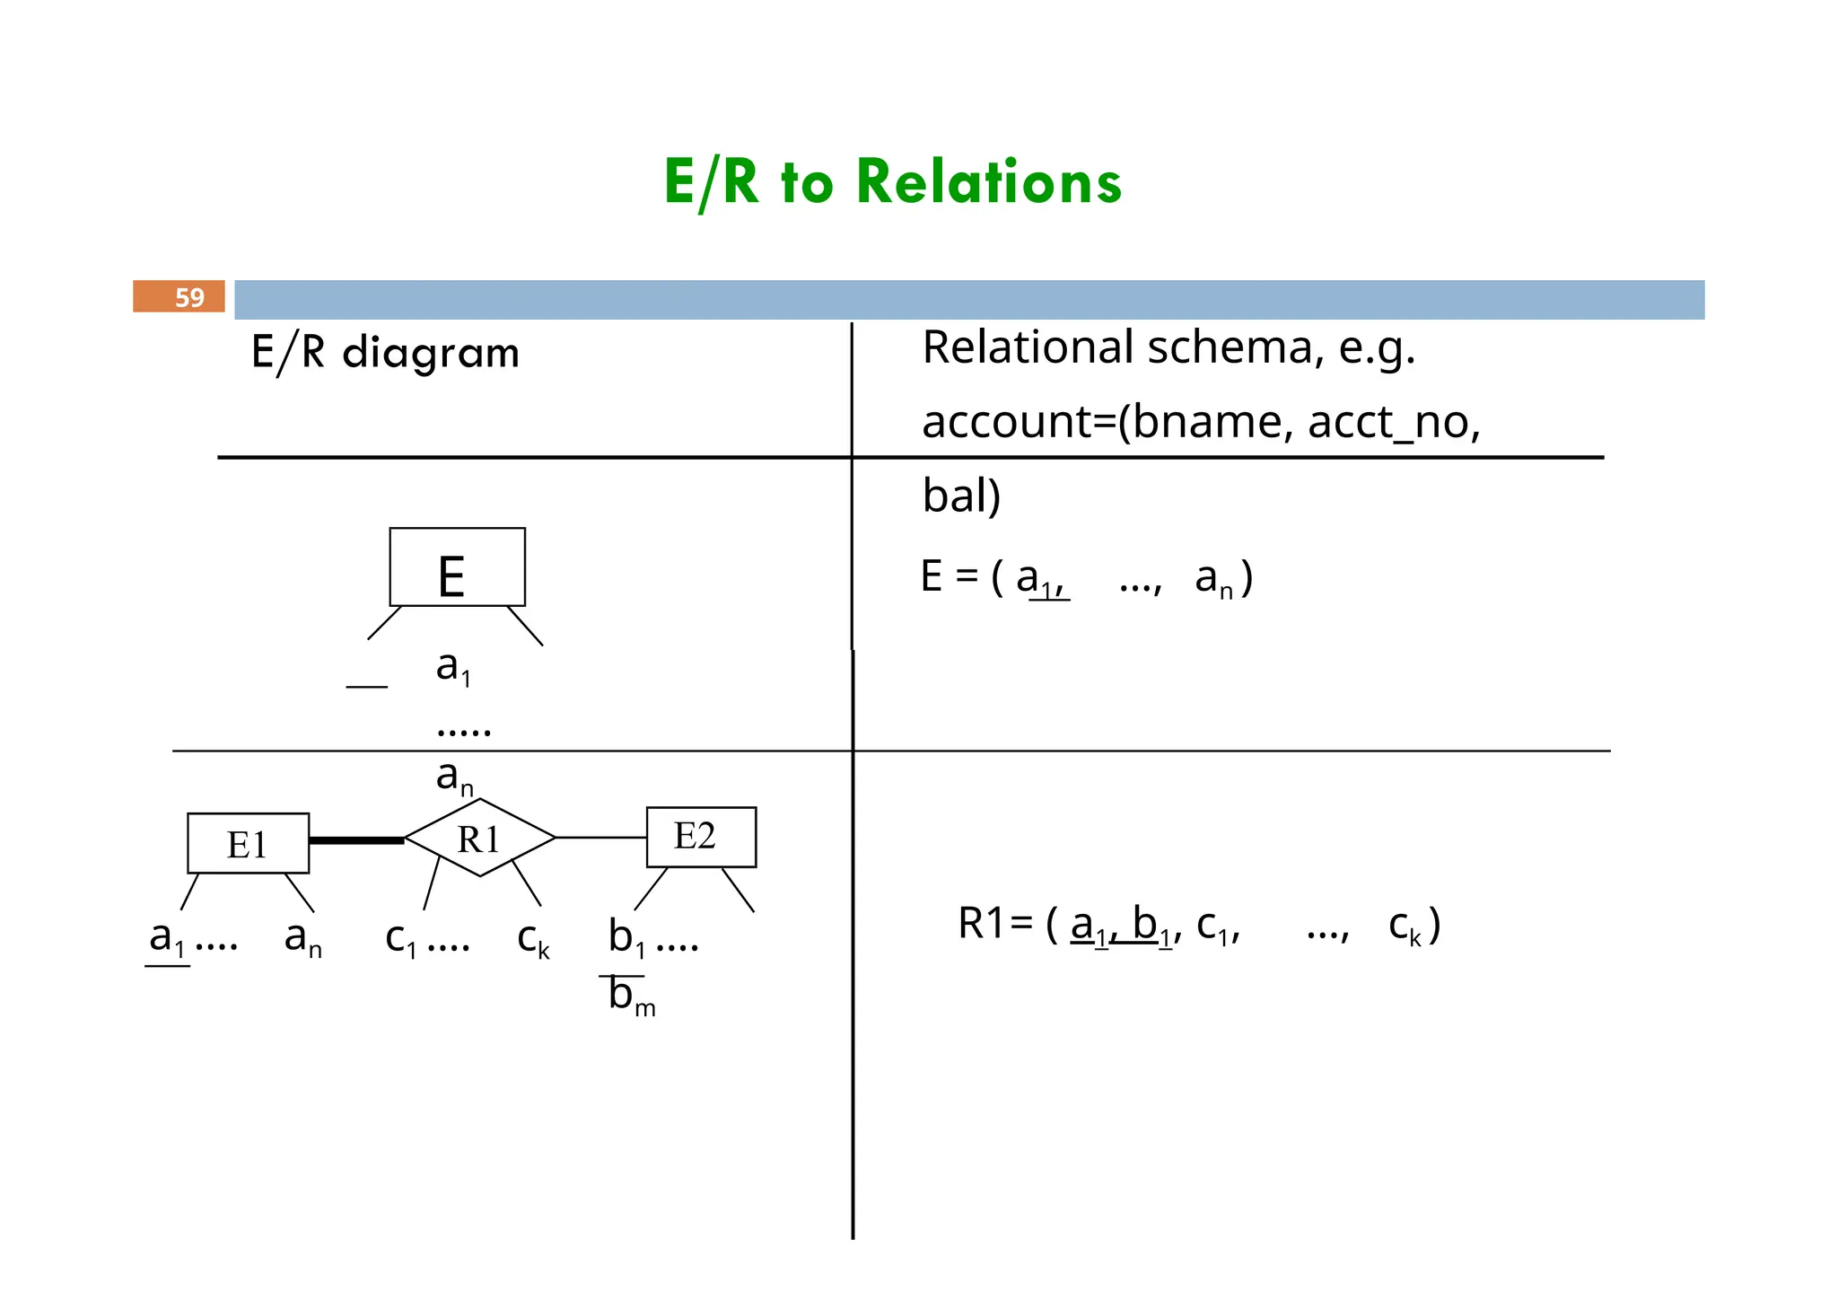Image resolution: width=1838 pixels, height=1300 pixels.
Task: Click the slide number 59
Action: coord(189,297)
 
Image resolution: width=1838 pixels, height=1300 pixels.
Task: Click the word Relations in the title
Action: coord(988,182)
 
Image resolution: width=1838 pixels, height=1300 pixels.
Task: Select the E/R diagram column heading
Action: coord(385,352)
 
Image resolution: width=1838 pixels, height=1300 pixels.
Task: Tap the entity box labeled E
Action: coord(457,567)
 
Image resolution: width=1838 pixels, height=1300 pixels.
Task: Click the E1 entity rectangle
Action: coord(248,844)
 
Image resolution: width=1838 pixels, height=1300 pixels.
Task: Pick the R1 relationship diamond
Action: coord(479,839)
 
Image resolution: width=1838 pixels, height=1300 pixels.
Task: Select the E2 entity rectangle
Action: coord(701,837)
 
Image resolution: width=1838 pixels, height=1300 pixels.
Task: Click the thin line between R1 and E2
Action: coord(600,838)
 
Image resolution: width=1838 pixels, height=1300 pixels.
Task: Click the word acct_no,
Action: coord(1394,422)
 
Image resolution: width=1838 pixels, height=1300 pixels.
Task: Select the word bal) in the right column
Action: coord(961,496)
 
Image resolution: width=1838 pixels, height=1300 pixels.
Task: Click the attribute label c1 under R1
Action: coord(400,939)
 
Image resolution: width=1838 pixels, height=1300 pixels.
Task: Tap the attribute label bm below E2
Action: coord(631,996)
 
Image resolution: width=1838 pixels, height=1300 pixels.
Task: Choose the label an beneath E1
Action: coord(302,939)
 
